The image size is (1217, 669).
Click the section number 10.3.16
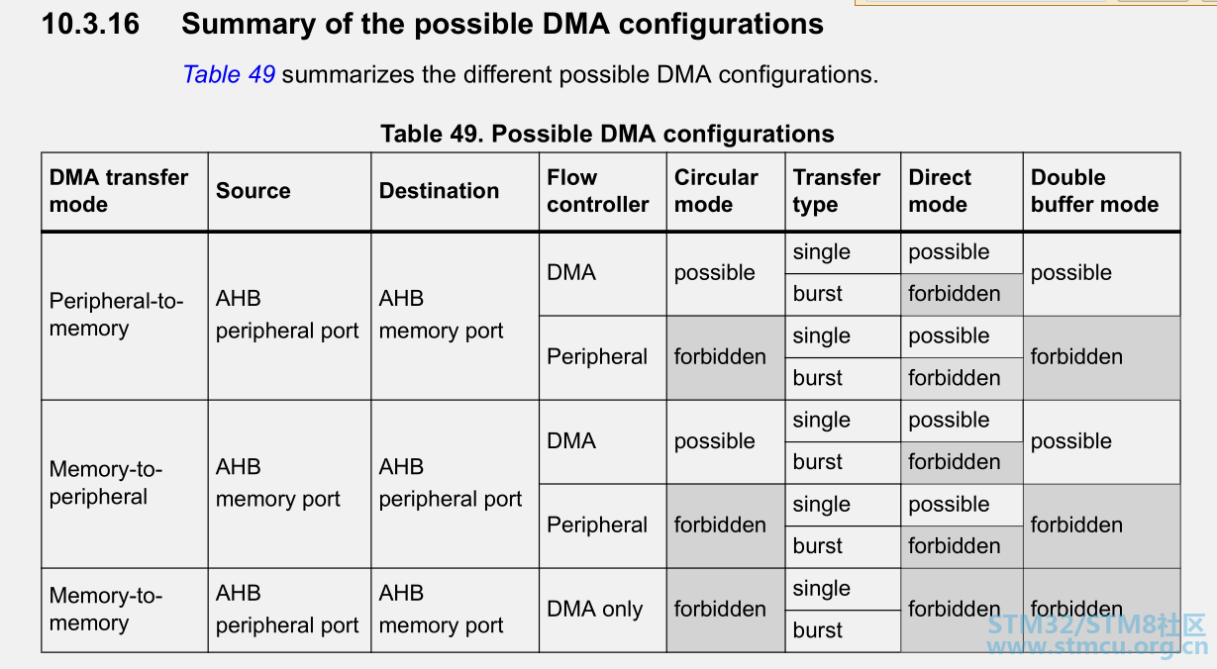[90, 25]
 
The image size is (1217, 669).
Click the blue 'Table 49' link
[229, 74]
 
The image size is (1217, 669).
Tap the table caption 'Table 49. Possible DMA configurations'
[607, 134]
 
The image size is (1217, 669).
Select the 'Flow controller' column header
[598, 191]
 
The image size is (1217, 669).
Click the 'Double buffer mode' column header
[1095, 191]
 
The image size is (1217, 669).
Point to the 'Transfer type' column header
[836, 191]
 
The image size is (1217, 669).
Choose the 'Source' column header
[254, 191]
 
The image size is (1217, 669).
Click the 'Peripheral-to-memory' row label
[116, 315]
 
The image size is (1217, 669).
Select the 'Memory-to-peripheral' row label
[106, 483]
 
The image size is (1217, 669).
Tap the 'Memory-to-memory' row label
[106, 609]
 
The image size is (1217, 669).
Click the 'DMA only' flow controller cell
[594, 610]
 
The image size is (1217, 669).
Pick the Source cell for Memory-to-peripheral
[277, 483]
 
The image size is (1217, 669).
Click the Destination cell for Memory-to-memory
[442, 609]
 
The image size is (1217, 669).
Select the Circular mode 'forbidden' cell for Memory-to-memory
[720, 610]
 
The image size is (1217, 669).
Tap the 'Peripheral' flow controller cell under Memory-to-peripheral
[596, 526]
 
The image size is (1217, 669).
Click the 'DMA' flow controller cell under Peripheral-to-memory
[571, 272]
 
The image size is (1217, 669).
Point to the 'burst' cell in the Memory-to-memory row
[817, 630]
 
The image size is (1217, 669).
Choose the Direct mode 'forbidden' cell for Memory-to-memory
[954, 610]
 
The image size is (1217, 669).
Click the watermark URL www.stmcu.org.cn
[1097, 647]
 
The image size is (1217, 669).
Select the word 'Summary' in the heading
[249, 25]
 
